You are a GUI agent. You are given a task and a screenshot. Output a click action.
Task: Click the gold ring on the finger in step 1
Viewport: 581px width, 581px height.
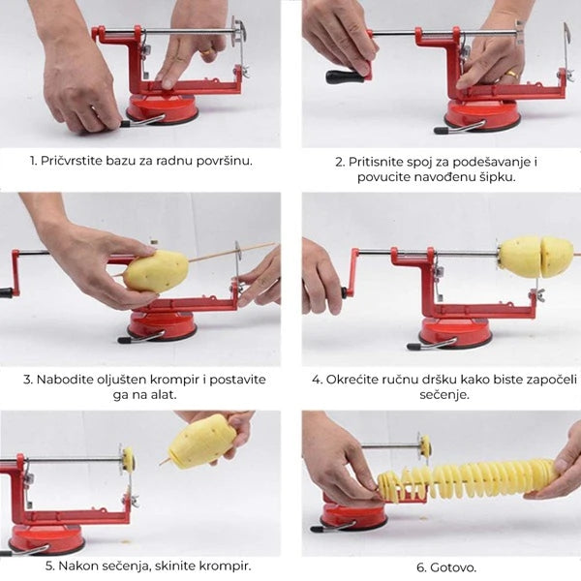[x=206, y=52]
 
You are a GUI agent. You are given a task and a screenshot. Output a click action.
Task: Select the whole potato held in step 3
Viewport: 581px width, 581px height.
[x=156, y=271]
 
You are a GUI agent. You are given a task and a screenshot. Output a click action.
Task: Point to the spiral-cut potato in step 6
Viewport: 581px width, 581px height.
[x=467, y=479]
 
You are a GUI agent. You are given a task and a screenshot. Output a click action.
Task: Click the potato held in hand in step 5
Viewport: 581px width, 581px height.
[x=202, y=441]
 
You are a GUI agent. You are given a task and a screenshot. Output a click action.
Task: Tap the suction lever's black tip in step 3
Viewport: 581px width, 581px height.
[x=123, y=340]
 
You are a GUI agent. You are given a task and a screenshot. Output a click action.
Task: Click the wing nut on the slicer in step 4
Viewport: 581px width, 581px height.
[x=537, y=294]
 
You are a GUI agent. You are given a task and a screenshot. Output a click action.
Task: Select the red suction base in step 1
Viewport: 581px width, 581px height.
[x=163, y=110]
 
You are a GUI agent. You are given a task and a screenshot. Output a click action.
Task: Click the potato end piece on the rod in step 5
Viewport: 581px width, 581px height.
[x=129, y=458]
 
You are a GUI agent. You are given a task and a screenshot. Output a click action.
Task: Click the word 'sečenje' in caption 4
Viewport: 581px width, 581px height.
[x=443, y=395]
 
